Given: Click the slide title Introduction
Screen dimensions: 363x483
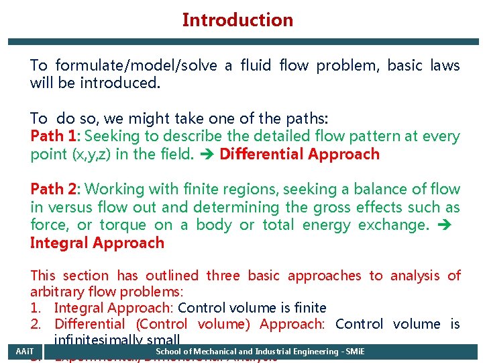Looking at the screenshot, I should pyautogui.click(x=237, y=20).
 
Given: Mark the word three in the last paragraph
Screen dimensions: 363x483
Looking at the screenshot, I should pyautogui.click(x=223, y=276).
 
